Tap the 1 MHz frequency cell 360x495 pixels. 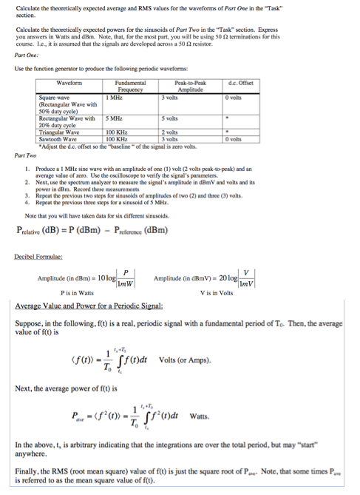tap(114, 97)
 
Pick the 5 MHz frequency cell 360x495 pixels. tap(114, 118)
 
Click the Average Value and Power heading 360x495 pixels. tap(89, 306)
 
